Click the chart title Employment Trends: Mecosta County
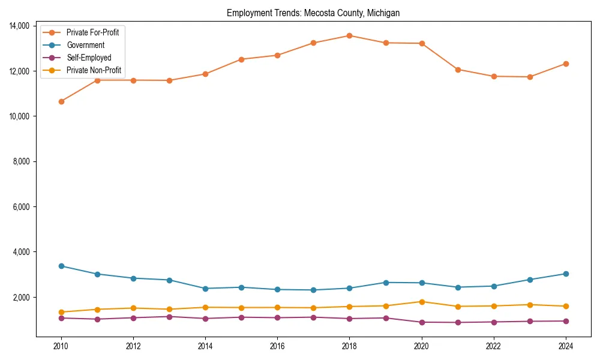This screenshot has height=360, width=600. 313,13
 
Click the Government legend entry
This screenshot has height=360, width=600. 85,45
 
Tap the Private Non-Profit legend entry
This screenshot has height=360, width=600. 94,70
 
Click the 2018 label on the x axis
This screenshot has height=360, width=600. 349,346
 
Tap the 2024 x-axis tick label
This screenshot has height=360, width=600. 566,346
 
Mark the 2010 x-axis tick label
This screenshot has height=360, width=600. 61,346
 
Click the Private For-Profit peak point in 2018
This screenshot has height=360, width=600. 349,35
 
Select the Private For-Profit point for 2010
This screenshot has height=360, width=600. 61,101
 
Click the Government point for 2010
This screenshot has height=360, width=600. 61,266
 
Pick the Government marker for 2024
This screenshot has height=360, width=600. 566,274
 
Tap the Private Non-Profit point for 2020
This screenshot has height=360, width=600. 422,302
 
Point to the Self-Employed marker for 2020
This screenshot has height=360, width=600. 422,322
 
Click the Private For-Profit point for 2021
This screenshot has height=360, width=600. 458,70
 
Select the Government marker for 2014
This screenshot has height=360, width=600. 205,289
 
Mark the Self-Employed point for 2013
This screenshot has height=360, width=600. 169,317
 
